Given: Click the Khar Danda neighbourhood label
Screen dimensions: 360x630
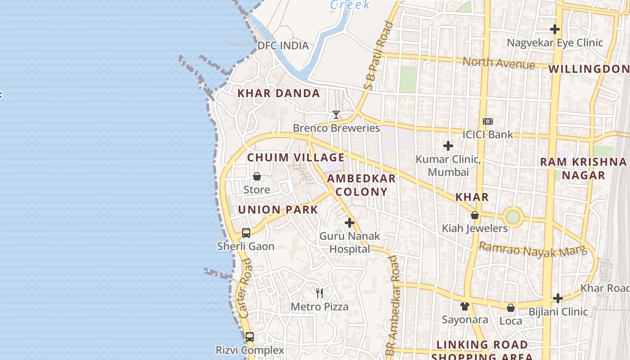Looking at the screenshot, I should (x=279, y=94).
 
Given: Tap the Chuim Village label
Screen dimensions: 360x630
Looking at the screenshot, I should (x=296, y=157).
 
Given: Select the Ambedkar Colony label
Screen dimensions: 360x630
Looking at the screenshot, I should (x=361, y=185).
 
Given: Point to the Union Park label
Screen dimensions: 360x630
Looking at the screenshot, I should (x=278, y=210).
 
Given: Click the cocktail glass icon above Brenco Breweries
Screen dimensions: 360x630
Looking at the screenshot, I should (x=336, y=115).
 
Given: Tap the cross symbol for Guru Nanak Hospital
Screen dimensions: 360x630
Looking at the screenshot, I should (x=350, y=223).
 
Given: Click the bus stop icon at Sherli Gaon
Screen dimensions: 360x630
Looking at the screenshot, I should (x=246, y=233).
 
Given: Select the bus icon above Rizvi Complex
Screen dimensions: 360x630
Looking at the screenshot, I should (x=249, y=337).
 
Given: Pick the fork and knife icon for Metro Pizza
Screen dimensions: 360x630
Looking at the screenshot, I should (x=319, y=293).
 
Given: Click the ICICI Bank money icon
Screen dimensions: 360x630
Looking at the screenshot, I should (x=488, y=121).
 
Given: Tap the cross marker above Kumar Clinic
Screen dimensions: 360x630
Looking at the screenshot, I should (x=448, y=146).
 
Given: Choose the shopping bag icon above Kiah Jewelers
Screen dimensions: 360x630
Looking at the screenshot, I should (x=474, y=216).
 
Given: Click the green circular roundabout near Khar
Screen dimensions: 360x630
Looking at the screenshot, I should (x=513, y=217).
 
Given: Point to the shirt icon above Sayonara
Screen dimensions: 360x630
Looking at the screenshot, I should (x=465, y=306).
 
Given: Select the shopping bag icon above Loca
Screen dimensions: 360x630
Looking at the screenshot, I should (x=511, y=308).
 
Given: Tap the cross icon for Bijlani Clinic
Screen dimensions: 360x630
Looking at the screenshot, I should (x=558, y=298).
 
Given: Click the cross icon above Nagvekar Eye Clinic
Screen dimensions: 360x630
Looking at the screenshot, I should (x=555, y=29).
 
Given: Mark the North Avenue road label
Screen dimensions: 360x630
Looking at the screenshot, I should (x=499, y=63).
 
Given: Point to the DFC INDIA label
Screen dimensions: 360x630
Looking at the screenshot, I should (x=283, y=45).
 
